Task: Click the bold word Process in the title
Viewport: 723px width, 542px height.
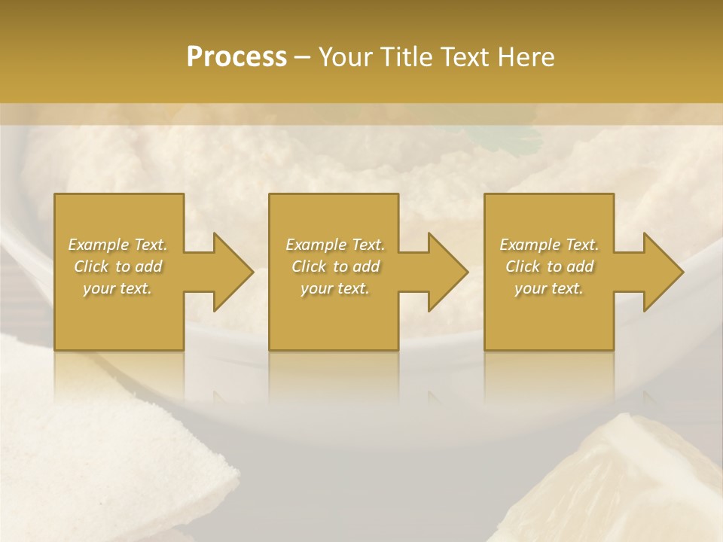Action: pyautogui.click(x=236, y=56)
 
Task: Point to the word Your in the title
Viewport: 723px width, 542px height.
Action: pyautogui.click(x=345, y=56)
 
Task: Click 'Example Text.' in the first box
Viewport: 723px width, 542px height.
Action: pyautogui.click(x=118, y=245)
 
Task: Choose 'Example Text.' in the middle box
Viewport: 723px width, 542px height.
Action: pyautogui.click(x=335, y=245)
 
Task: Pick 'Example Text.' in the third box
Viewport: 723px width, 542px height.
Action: pyautogui.click(x=549, y=245)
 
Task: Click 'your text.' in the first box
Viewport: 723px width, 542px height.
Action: pyautogui.click(x=117, y=288)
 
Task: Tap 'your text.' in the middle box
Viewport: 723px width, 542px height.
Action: pyautogui.click(x=334, y=288)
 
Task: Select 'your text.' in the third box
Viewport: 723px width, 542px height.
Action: pyautogui.click(x=549, y=288)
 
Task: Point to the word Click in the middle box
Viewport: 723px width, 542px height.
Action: pyautogui.click(x=309, y=266)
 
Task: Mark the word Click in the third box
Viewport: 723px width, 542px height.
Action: pyautogui.click(x=523, y=266)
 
